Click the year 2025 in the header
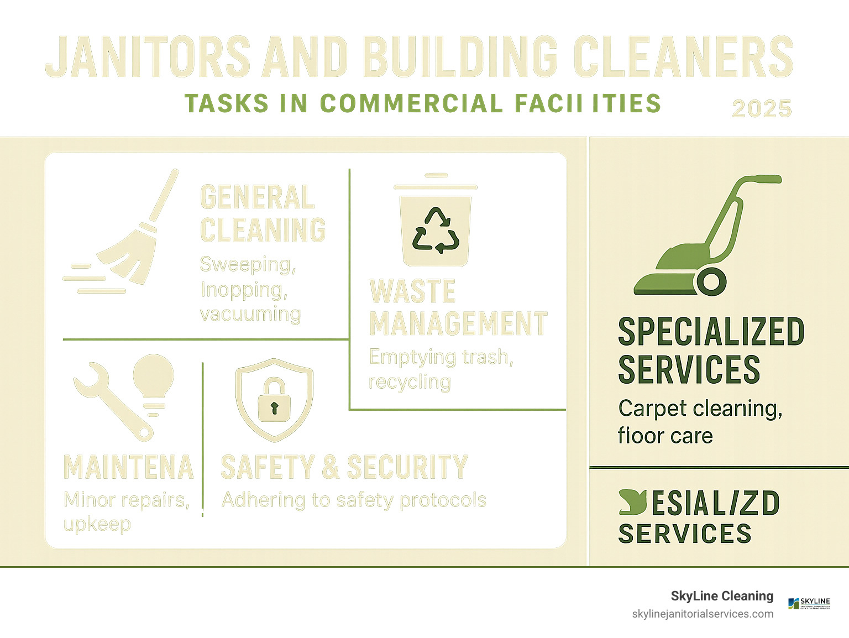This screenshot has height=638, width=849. [x=762, y=108]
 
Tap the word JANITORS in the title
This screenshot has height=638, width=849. [x=148, y=57]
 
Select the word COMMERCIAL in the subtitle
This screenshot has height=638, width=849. [x=411, y=103]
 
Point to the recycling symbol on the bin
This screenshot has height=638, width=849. [x=436, y=231]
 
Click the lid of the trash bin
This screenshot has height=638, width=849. [x=436, y=186]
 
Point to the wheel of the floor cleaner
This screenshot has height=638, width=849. [x=712, y=281]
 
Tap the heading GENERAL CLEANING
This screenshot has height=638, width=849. [x=263, y=213]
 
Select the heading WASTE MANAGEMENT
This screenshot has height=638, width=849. [x=458, y=307]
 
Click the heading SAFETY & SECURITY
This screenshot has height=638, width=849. [x=344, y=467]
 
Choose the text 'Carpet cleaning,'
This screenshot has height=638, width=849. [x=700, y=409]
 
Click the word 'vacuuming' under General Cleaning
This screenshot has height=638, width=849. [x=250, y=314]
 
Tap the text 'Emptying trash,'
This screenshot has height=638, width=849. [x=441, y=357]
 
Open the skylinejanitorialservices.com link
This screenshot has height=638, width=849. [x=703, y=614]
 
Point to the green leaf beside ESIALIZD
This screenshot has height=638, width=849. [x=633, y=501]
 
